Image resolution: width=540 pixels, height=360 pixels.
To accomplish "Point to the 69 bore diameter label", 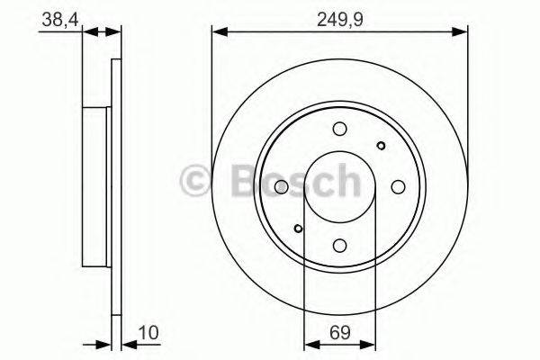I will click(338, 331).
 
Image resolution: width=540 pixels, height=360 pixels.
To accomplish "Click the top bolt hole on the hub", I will click(339, 129).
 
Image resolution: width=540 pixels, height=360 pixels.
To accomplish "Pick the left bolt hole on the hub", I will click(281, 186).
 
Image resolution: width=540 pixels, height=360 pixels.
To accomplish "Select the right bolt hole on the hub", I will click(397, 186).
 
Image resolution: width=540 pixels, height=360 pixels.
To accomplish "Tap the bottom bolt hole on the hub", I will click(339, 245).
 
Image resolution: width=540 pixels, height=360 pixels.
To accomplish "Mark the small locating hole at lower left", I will click(298, 228).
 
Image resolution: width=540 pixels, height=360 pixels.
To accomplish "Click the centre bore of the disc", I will click(339, 186).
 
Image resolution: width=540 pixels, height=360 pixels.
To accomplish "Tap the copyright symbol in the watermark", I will click(195, 181).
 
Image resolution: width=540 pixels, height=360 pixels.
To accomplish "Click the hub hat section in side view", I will click(96, 186).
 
